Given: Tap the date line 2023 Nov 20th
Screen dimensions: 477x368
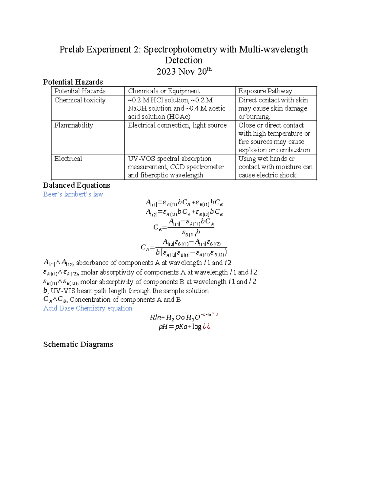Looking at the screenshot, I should (x=184, y=72).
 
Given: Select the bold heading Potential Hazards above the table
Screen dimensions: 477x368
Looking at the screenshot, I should (x=73, y=82).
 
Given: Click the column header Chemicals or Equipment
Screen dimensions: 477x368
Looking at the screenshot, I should (x=163, y=91).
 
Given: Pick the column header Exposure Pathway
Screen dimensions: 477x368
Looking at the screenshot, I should (x=265, y=91).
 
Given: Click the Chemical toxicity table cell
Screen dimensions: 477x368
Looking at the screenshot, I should (x=80, y=100).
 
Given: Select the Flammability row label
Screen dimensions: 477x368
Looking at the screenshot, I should (x=74, y=125).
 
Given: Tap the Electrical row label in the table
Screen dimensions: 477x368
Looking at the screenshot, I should (x=68, y=159).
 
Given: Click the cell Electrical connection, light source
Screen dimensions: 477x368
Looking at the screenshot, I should (x=177, y=125).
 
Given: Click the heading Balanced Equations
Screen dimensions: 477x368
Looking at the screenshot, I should (x=77, y=185).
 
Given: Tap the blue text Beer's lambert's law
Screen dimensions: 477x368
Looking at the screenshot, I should (x=73, y=194).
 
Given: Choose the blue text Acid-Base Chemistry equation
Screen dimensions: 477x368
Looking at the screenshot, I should (x=88, y=308).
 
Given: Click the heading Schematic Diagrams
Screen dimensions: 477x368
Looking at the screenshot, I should (x=78, y=344).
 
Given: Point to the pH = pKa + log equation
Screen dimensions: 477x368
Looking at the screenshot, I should (x=184, y=327).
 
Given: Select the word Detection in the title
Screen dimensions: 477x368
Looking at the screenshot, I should (x=183, y=60).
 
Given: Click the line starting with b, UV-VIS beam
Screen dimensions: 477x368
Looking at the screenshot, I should (x=126, y=291).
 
